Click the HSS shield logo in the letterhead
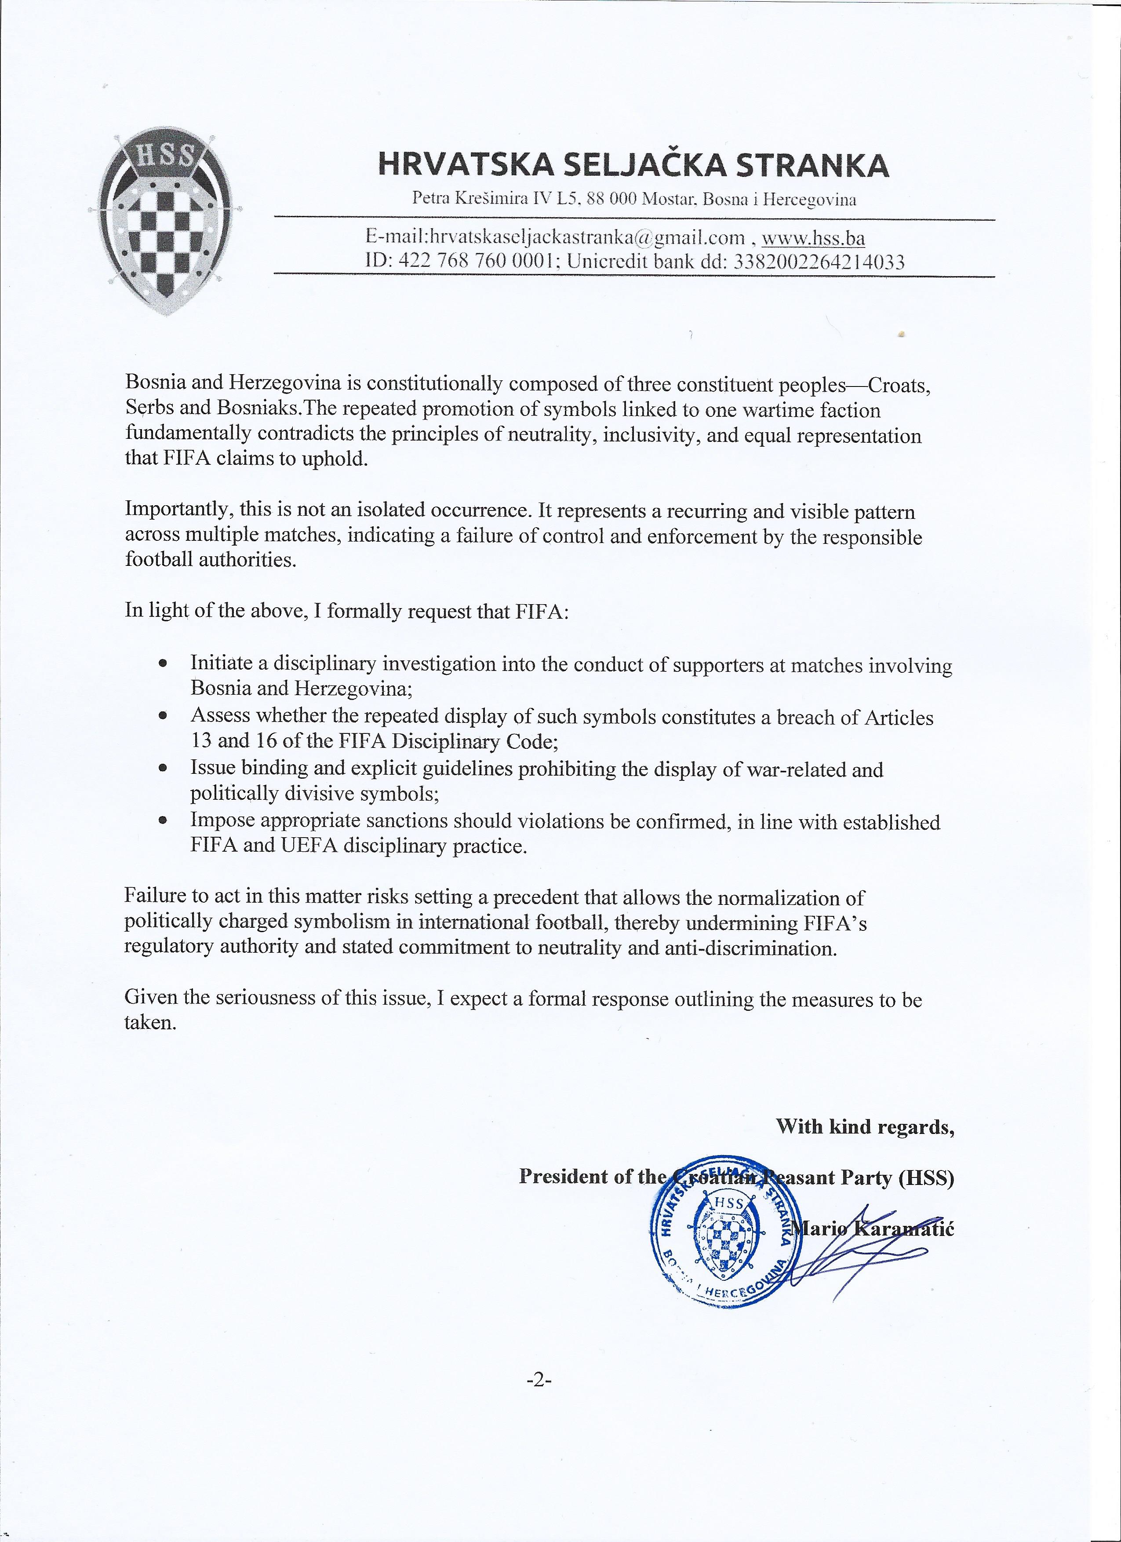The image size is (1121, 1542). (161, 221)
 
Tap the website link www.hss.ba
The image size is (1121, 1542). (813, 238)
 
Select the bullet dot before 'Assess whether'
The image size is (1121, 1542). (163, 715)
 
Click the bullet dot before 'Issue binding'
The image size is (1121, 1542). (163, 768)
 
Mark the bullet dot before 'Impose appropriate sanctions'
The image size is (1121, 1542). (163, 820)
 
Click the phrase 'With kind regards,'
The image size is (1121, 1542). (865, 1127)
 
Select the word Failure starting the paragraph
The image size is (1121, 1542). (156, 897)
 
